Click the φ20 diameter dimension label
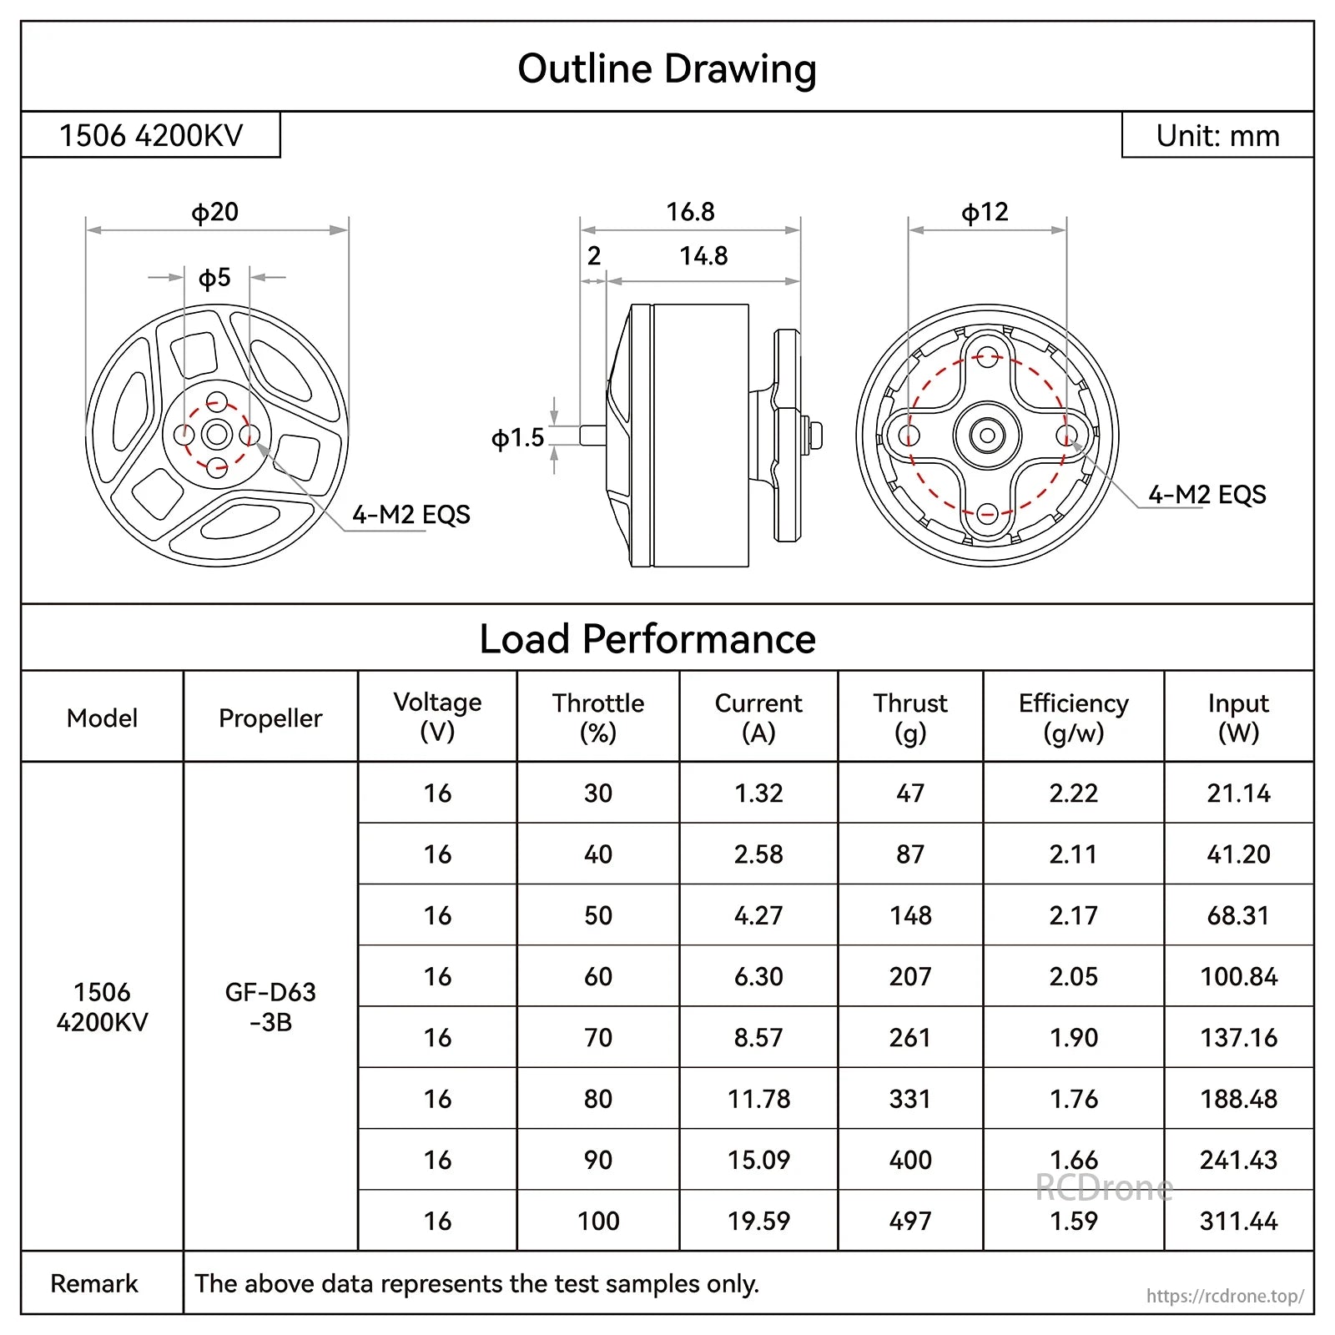215,212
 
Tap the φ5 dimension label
214,278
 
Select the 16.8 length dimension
690,212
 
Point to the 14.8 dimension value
703,256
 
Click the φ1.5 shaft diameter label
517,438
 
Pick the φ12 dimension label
985,212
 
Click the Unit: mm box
1217,135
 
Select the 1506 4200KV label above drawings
151,135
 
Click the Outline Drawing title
667,68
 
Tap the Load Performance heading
647,639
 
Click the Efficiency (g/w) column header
1073,718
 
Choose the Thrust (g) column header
910,718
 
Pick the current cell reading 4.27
758,915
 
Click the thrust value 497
910,1221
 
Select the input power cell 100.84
1238,976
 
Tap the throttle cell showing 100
598,1221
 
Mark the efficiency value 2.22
1073,793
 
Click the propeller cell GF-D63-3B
270,1006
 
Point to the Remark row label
94,1283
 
